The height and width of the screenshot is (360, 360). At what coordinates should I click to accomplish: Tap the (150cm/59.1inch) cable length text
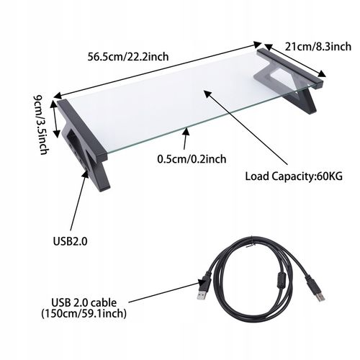click(x=85, y=314)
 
